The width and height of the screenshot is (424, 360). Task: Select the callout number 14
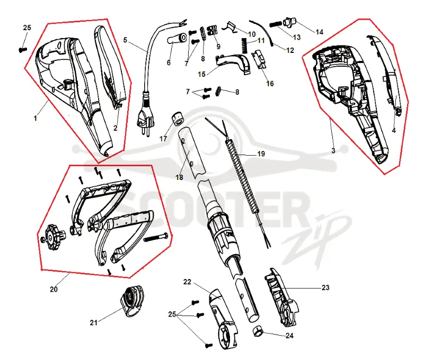tap(320, 32)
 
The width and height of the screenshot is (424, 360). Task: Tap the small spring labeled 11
tap(244, 46)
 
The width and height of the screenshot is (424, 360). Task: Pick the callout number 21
tap(94, 322)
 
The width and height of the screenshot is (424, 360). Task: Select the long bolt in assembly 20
tap(155, 237)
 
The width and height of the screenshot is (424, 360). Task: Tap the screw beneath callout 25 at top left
tap(23, 50)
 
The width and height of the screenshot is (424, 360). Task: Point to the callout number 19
tap(261, 154)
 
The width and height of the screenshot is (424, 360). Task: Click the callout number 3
tap(333, 151)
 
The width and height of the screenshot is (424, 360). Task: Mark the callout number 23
tap(325, 287)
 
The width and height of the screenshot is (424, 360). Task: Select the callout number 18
tap(179, 177)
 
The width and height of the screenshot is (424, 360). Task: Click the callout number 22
tap(187, 282)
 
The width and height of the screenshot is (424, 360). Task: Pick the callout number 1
tap(35, 118)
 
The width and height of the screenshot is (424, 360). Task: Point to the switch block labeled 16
tap(260, 60)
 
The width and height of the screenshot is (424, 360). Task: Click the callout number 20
tap(54, 289)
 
